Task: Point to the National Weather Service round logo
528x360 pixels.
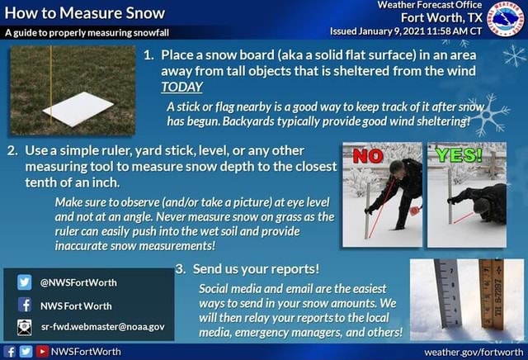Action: pos(506,18)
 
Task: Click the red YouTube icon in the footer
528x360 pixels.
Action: pos(40,352)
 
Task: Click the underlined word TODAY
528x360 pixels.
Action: pos(181,87)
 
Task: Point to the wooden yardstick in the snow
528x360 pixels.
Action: pos(489,297)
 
